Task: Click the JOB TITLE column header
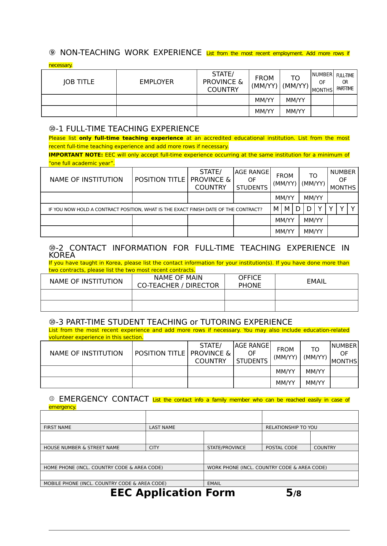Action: (79, 82)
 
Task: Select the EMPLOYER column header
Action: (157, 82)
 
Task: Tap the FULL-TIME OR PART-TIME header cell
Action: (345, 82)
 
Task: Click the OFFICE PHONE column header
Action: (250, 281)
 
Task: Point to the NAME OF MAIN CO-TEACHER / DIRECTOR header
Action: (178, 281)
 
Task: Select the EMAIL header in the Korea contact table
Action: (316, 281)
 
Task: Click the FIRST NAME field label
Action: (57, 427)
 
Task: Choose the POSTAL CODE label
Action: (281, 448)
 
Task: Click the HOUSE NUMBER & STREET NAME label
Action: (81, 448)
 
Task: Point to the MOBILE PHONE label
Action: (105, 483)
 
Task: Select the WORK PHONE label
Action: (267, 468)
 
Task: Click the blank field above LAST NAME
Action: (204, 417)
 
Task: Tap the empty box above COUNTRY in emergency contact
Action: (334, 437)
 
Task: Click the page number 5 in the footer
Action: (289, 493)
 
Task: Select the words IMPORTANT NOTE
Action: (75, 155)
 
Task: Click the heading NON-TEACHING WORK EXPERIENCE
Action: (131, 53)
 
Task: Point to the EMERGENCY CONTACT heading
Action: (104, 399)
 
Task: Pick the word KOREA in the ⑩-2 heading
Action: (62, 255)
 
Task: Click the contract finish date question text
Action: (155, 209)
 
